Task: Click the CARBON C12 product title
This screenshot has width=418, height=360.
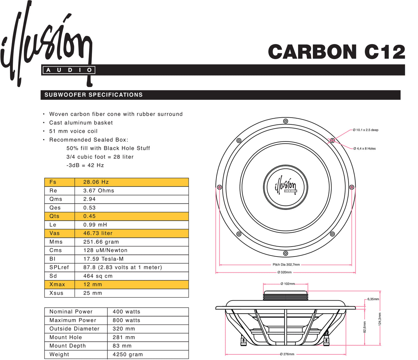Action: pyautogui.click(x=336, y=52)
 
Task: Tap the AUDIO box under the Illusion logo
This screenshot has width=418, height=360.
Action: pyautogui.click(x=68, y=70)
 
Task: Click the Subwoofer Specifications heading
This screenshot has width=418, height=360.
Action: pyautogui.click(x=93, y=95)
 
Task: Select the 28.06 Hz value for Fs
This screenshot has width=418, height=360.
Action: pyautogui.click(x=96, y=182)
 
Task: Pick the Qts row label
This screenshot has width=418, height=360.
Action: pyautogui.click(x=54, y=216)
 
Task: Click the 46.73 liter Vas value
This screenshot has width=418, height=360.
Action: pyautogui.click(x=98, y=233)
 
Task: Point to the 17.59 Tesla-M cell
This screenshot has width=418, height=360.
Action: pyautogui.click(x=103, y=259)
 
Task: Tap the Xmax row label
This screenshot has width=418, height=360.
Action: pyautogui.click(x=57, y=284)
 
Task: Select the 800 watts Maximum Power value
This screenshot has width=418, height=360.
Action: pyautogui.click(x=126, y=320)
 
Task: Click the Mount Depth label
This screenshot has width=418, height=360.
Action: pyautogui.click(x=68, y=346)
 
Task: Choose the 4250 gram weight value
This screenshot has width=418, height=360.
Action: pyautogui.click(x=128, y=355)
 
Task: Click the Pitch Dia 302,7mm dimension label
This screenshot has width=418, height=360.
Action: pyautogui.click(x=286, y=265)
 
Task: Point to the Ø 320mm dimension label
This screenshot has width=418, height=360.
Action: pyautogui.click(x=285, y=273)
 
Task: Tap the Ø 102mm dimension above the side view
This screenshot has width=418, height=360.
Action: pyautogui.click(x=287, y=284)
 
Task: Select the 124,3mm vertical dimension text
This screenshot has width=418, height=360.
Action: pyautogui.click(x=380, y=319)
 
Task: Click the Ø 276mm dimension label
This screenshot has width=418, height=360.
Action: pyautogui.click(x=287, y=354)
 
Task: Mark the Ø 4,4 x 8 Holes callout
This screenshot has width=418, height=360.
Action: pyautogui.click(x=365, y=148)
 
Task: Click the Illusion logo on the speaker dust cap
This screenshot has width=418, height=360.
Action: pyautogui.click(x=286, y=187)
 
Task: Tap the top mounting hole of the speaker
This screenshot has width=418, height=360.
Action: pyautogui.click(x=286, y=121)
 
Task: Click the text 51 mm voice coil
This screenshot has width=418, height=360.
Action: pyautogui.click(x=73, y=131)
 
